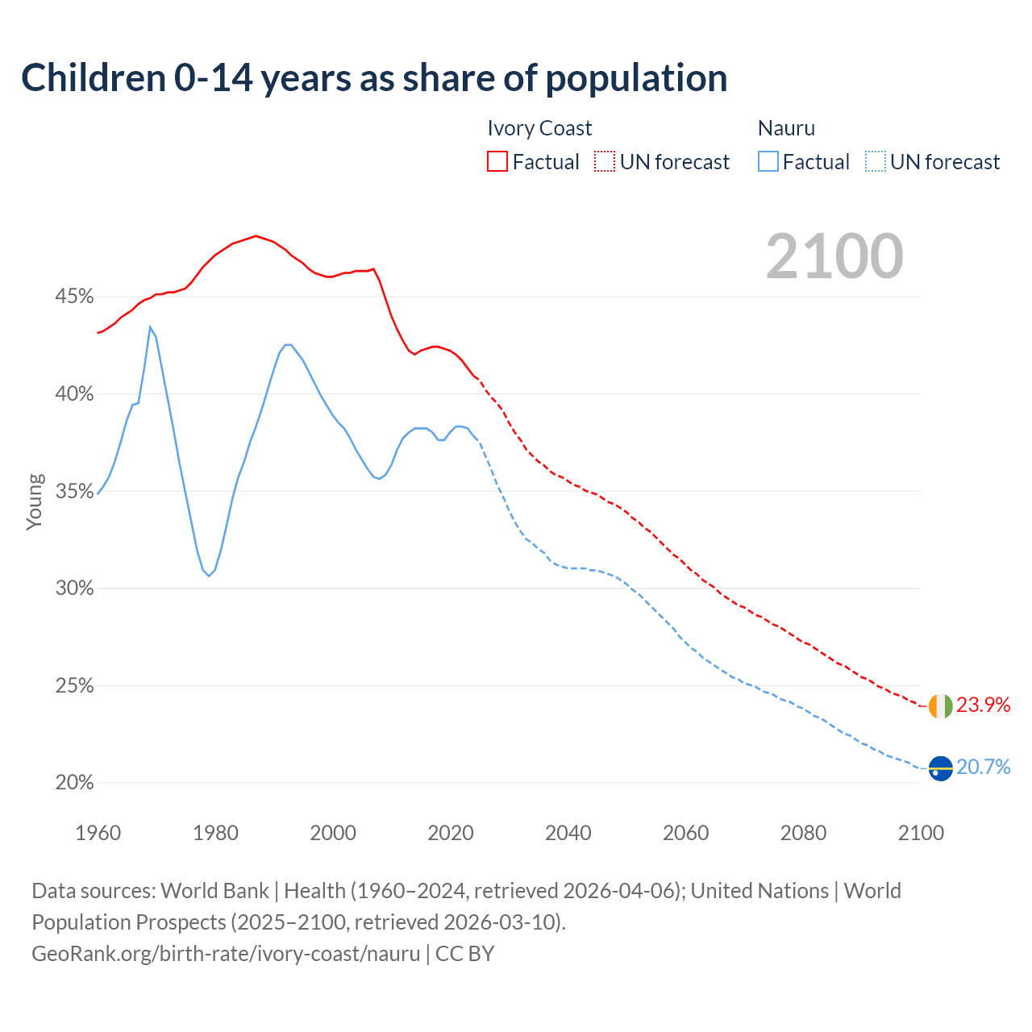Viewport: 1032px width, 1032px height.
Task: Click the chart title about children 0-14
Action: coord(374,78)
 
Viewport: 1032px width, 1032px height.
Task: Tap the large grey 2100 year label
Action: coord(834,256)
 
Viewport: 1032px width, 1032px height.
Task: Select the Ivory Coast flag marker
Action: coord(940,706)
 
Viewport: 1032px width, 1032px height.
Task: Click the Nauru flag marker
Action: coord(940,768)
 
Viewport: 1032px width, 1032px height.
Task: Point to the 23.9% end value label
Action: coord(984,705)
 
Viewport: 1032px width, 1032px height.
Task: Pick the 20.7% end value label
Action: coord(984,767)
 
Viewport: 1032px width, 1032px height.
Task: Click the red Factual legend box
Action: coord(497,161)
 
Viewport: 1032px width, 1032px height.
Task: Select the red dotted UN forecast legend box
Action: coord(605,161)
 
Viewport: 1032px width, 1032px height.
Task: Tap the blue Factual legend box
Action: coord(768,161)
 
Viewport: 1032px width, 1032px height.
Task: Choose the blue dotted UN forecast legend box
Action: coord(875,161)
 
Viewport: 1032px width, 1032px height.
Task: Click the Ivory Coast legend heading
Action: coord(539,128)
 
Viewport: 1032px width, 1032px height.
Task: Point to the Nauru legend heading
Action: coord(786,128)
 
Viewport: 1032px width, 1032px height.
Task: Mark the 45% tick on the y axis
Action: coord(74,297)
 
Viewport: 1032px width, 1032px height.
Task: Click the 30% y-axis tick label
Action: coord(74,589)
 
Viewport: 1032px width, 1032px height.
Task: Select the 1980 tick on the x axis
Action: coord(215,833)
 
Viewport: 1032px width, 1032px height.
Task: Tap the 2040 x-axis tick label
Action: coord(568,833)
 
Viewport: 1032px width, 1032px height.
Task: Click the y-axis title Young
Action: coord(35,501)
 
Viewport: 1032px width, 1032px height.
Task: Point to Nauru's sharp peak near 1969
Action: coord(150,327)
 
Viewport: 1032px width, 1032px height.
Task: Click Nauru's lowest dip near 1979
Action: coord(209,576)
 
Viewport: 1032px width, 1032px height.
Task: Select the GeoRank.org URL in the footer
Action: coord(226,954)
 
